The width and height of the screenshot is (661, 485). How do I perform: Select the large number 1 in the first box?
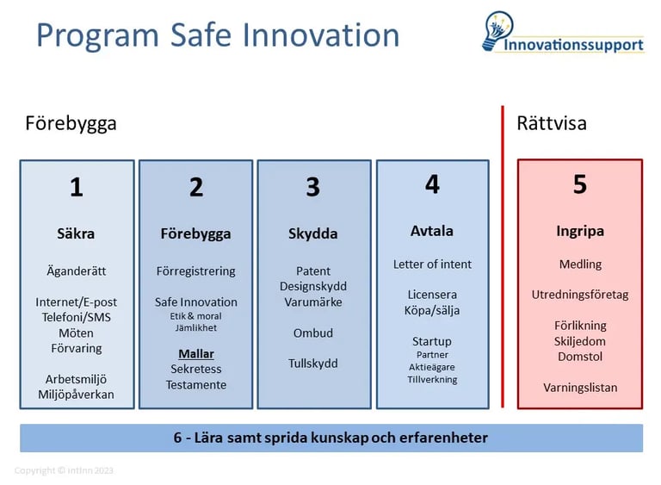[77, 187]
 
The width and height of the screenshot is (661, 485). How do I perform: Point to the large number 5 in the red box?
[580, 184]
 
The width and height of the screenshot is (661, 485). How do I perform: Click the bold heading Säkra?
[77, 233]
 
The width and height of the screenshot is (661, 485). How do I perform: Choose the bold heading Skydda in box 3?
[312, 233]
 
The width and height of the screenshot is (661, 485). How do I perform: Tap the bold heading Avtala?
[432, 231]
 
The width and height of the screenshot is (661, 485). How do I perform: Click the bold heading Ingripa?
[580, 231]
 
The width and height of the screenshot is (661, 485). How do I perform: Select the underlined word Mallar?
[196, 353]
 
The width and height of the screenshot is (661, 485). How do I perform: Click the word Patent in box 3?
[312, 270]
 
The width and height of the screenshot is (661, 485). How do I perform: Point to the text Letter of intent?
[432, 264]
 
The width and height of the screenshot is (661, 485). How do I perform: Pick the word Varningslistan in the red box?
[580, 388]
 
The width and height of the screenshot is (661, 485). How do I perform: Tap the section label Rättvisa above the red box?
[552, 123]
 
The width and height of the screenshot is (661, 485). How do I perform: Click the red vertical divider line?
[503, 258]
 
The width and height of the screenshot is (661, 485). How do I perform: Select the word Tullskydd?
[312, 364]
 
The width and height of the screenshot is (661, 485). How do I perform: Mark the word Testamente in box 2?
[196, 384]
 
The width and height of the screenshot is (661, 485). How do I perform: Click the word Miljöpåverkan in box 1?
[77, 395]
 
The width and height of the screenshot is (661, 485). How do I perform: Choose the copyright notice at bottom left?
[64, 470]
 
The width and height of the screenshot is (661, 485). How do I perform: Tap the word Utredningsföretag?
[580, 295]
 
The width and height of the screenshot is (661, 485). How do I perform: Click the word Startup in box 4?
[432, 341]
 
